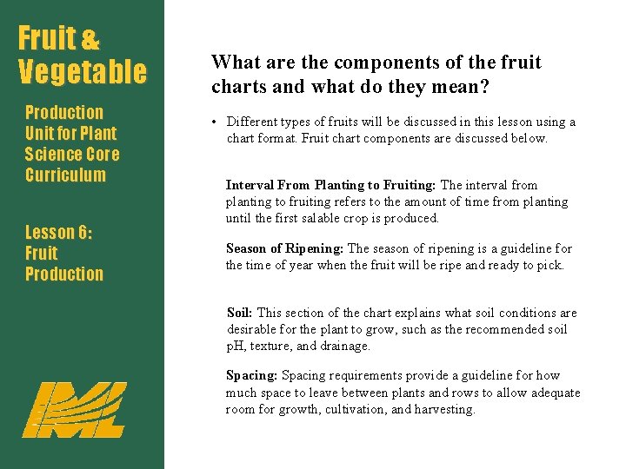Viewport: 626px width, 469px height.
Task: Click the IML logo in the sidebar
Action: click(74, 409)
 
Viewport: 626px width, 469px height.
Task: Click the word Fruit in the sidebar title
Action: click(47, 38)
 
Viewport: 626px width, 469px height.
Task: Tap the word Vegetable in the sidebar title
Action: click(83, 71)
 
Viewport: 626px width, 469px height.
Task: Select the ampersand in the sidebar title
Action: click(90, 40)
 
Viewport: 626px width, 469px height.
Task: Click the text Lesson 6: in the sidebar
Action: click(58, 232)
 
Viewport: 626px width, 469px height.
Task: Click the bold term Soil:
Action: click(240, 313)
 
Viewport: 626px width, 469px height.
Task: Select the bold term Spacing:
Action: click(252, 376)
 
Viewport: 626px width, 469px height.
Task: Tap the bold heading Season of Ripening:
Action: click(285, 248)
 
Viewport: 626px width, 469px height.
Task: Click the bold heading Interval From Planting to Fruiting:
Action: click(331, 185)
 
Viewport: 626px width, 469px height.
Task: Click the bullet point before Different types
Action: click(214, 122)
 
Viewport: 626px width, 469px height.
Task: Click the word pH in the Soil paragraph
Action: click(236, 346)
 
